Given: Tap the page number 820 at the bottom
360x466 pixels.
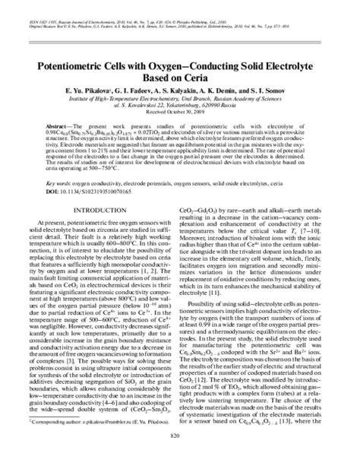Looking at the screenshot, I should pos(179,456).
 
